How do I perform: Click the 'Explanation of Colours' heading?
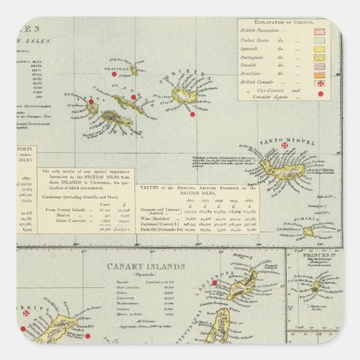[x=285, y=22]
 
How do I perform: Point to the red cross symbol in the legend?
[x=321, y=82]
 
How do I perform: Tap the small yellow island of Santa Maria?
[x=310, y=231]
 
